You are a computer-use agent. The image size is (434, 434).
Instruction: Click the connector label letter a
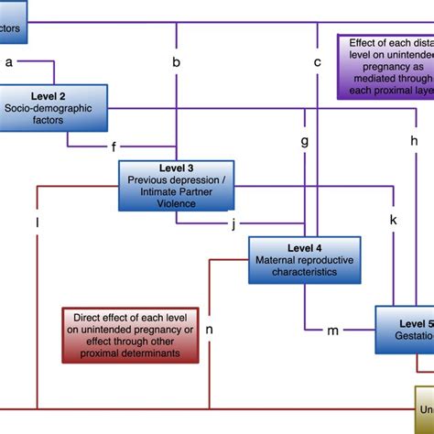pyautogui.click(x=9, y=62)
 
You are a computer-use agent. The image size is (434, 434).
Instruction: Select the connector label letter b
pyautogui.click(x=176, y=62)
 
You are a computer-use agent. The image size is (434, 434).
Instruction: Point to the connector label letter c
pyautogui.click(x=318, y=62)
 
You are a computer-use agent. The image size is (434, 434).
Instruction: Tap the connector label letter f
pyautogui.click(x=114, y=146)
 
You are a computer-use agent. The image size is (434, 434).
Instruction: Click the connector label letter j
pyautogui.click(x=233, y=223)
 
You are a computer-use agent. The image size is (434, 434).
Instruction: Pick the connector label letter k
pyautogui.click(x=394, y=221)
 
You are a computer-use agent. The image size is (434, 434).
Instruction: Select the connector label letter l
pyautogui.click(x=38, y=222)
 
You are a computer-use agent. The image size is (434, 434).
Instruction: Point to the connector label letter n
pyautogui.click(x=210, y=330)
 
